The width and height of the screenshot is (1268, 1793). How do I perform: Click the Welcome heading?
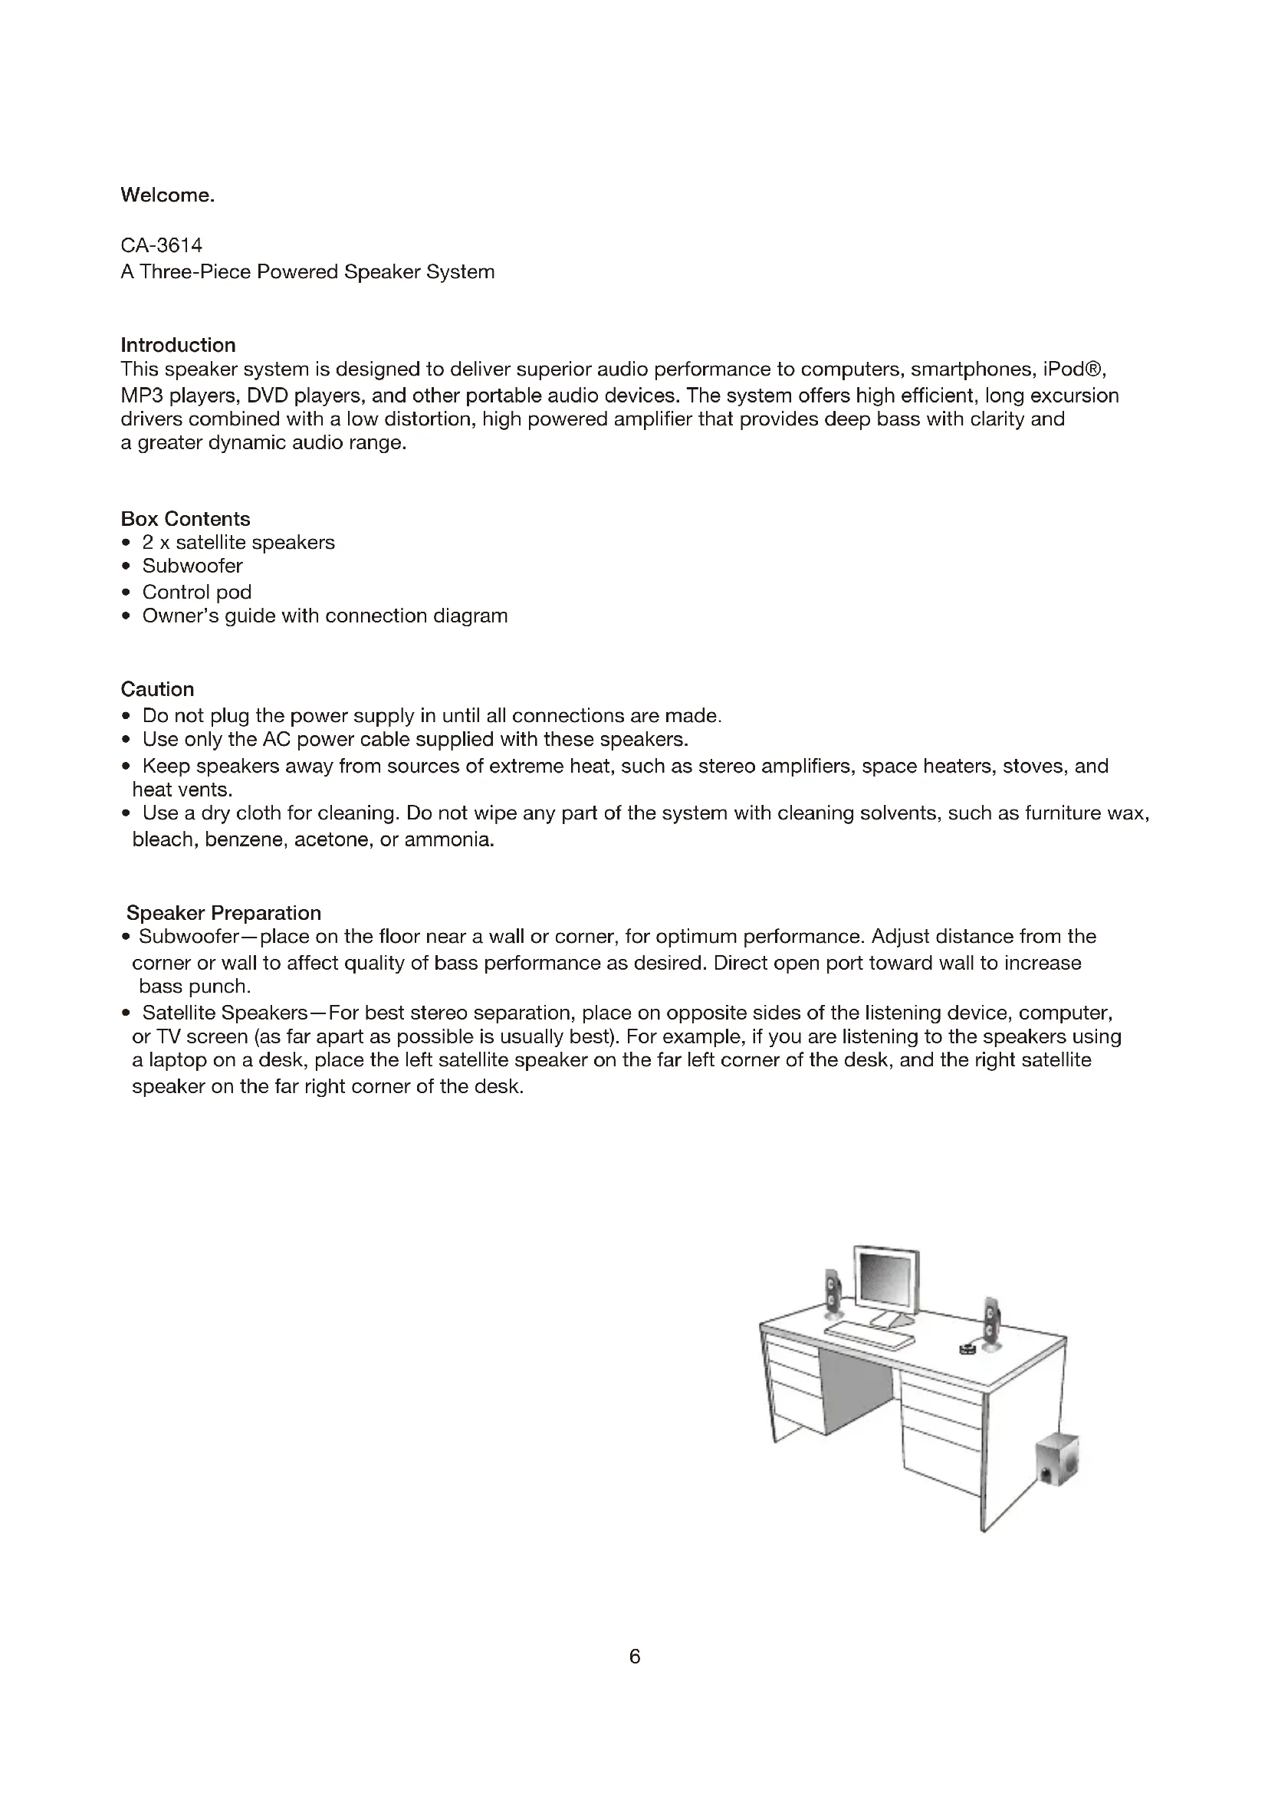(x=167, y=195)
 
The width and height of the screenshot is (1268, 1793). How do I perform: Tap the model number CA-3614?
(x=162, y=245)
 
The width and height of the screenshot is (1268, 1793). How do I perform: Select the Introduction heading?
(x=178, y=345)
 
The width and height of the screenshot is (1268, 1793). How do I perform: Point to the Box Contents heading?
(x=185, y=519)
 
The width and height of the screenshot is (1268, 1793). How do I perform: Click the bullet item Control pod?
(x=197, y=592)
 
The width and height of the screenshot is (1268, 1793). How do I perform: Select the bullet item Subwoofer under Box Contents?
(x=192, y=566)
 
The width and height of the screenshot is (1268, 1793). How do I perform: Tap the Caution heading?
(x=157, y=690)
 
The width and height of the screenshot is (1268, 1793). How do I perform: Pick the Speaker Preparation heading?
(x=223, y=913)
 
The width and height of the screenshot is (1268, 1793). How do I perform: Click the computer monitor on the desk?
(x=887, y=1282)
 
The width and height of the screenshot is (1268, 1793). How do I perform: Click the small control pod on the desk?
(x=967, y=1348)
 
